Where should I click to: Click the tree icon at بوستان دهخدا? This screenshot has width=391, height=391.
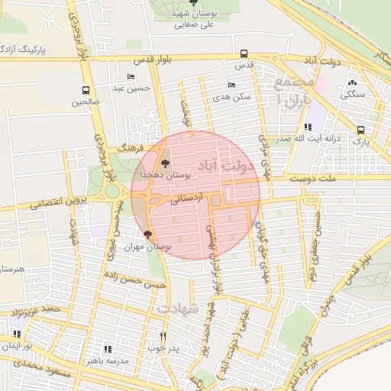tap(165, 163)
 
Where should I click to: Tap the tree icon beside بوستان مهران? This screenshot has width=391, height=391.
tap(147, 235)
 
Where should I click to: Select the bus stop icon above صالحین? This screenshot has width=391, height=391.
tap(86, 89)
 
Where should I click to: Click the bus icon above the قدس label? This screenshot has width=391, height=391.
tap(244, 53)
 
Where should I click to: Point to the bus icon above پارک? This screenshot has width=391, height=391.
tap(360, 130)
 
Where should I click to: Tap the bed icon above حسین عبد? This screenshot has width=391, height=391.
tap(131, 77)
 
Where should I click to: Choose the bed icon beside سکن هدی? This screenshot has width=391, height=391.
tap(231, 86)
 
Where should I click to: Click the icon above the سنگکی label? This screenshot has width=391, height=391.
tap(352, 83)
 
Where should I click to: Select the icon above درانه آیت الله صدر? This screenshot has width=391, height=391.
tap(307, 127)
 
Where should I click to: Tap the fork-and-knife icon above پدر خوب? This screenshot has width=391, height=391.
tap(163, 336)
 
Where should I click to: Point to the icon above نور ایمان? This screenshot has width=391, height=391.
tap(17, 334)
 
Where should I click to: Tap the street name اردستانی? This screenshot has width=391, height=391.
tap(189, 197)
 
